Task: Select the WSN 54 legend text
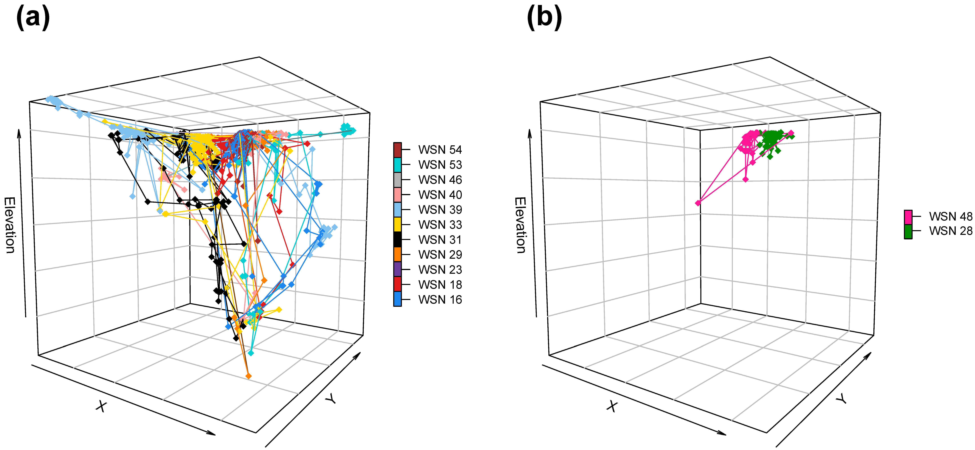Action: point(440,150)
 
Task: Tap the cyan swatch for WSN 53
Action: point(397,165)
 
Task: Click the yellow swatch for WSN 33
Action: point(397,224)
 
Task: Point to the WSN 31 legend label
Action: point(440,240)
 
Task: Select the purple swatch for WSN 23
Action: point(397,269)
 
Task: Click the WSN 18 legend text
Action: point(440,285)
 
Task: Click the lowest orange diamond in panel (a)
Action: point(248,376)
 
